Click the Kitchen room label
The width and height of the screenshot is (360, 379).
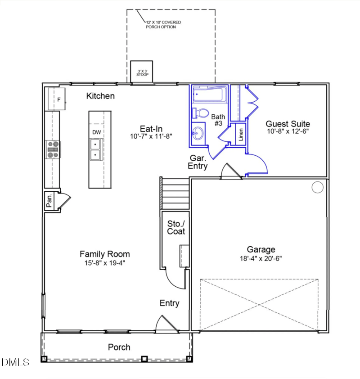coord(100,96)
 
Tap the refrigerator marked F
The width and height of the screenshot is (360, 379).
coord(58,99)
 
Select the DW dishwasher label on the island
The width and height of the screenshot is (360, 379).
coord(96,132)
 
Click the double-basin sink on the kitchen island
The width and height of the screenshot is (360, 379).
coord(95,150)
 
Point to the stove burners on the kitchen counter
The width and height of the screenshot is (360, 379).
coord(53,149)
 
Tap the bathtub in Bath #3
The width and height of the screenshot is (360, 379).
coord(208,95)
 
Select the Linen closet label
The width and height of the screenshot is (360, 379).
coord(241,134)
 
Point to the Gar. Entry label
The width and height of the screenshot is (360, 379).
coord(198,162)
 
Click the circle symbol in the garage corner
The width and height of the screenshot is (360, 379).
coord(317,187)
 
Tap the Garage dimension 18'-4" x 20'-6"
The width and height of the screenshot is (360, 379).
coord(261,258)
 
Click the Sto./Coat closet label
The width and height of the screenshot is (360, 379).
coord(176,227)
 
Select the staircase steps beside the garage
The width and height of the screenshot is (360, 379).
coord(175,193)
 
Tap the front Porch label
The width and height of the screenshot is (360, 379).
coord(119,347)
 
